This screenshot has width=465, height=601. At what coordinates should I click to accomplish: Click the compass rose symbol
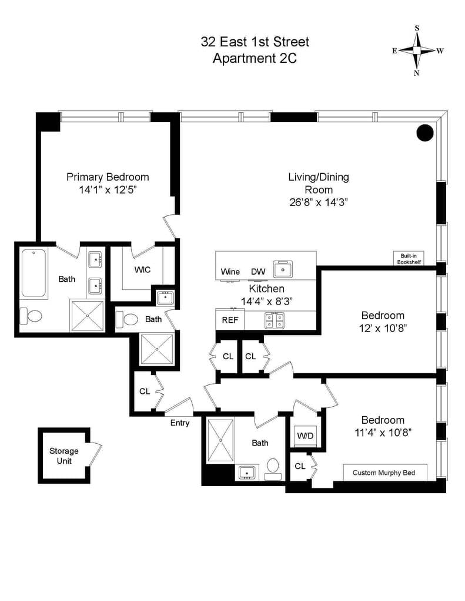pyautogui.click(x=417, y=51)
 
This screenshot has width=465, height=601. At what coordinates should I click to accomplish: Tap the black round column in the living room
pyautogui.click(x=425, y=133)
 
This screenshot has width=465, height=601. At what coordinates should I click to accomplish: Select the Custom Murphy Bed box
pyautogui.click(x=384, y=472)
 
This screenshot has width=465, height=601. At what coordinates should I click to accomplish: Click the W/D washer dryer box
pyautogui.click(x=305, y=436)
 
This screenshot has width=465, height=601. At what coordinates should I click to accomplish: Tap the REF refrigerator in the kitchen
pyautogui.click(x=229, y=320)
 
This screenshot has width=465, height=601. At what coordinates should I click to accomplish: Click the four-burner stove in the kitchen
pyautogui.click(x=273, y=320)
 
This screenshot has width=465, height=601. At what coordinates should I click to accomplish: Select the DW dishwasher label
pyautogui.click(x=257, y=272)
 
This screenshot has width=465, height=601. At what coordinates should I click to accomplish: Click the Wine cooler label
pyautogui.click(x=230, y=272)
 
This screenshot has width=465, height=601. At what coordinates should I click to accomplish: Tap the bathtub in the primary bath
pyautogui.click(x=35, y=273)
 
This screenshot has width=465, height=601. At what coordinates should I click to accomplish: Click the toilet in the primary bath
pyautogui.click(x=32, y=316)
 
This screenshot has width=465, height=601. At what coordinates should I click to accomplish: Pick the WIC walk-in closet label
pyautogui.click(x=142, y=269)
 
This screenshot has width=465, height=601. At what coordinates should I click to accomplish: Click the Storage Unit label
pyautogui.click(x=63, y=455)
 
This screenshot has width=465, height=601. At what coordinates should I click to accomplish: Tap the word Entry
pyautogui.click(x=180, y=423)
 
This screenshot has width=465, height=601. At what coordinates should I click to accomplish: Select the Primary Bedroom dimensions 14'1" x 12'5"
pyautogui.click(x=108, y=190)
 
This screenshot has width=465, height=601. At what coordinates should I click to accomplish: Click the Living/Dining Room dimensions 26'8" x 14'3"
pyautogui.click(x=318, y=202)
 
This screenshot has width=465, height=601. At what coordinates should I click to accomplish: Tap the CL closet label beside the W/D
pyautogui.click(x=300, y=466)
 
